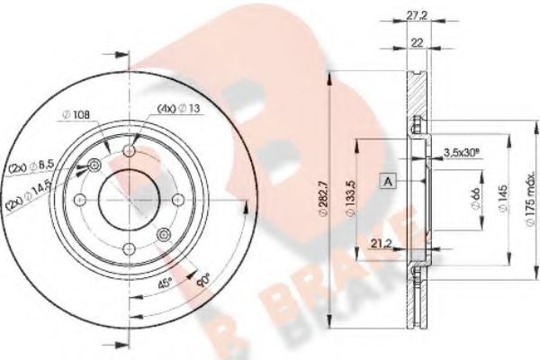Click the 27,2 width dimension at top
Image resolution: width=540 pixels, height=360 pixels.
point(417,15)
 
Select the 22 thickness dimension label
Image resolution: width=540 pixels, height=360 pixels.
point(417,42)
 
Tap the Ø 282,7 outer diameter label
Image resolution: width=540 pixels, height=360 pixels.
point(324,199)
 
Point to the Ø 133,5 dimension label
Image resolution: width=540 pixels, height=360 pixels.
point(351,198)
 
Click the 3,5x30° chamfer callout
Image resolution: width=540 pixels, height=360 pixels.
point(462,152)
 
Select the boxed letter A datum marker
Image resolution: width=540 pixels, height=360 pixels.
point(388,181)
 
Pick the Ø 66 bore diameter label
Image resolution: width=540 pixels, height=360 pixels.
point(476,199)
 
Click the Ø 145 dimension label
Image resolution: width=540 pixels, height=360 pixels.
point(503,198)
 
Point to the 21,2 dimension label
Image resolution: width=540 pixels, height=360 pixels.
point(382,244)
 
